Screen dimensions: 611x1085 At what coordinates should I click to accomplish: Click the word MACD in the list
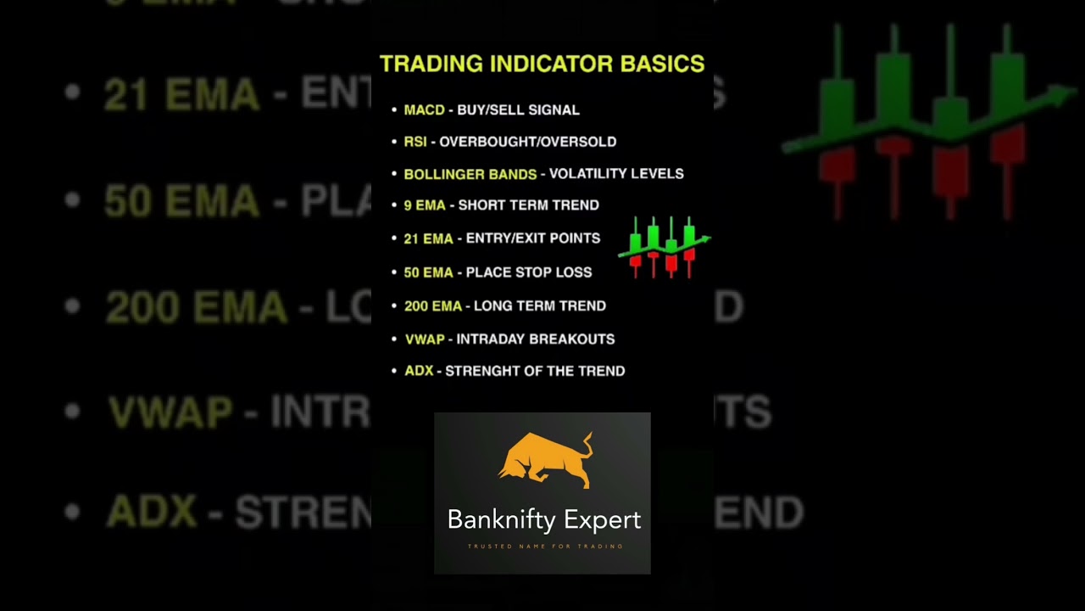[424, 110]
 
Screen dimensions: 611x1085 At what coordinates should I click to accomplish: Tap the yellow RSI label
[415, 142]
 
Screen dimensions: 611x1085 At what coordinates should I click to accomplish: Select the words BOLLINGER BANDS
[470, 174]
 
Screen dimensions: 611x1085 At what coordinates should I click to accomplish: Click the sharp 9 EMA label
[425, 205]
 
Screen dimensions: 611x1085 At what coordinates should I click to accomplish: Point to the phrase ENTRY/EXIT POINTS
[533, 238]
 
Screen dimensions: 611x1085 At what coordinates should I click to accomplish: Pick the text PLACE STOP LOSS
[529, 272]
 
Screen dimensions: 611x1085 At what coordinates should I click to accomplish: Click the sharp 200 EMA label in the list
[433, 305]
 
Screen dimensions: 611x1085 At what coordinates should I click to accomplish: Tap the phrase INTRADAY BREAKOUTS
[536, 339]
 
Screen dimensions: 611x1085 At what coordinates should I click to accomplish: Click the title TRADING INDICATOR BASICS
[542, 64]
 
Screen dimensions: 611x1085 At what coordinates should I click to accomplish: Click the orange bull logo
[545, 461]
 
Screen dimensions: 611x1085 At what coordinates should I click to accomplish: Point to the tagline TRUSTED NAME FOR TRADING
[545, 547]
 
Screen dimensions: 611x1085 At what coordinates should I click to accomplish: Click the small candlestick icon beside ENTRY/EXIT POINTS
[665, 246]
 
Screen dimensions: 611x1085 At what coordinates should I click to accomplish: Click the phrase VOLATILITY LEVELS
[616, 174]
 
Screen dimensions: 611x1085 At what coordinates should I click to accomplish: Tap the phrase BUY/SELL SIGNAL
[518, 110]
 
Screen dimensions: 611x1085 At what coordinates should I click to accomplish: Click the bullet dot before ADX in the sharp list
[394, 371]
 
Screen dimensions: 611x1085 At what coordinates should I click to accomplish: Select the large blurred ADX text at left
[152, 513]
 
